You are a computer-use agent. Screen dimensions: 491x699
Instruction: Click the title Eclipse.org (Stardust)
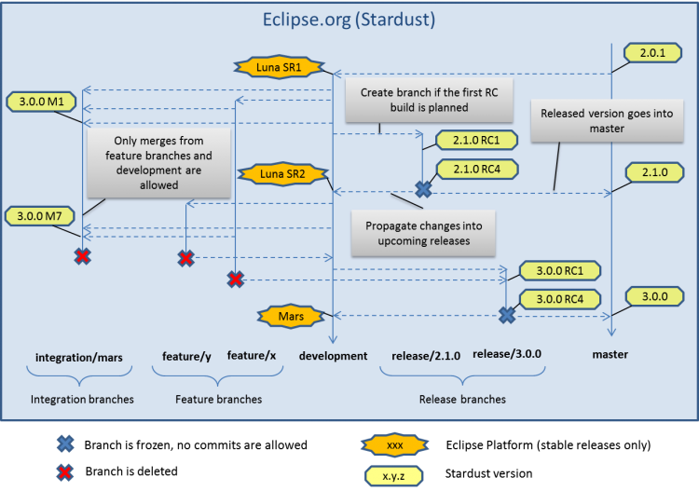tap(349, 19)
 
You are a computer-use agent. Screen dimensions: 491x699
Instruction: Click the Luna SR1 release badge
tap(279, 67)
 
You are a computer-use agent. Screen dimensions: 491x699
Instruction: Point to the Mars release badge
tap(291, 317)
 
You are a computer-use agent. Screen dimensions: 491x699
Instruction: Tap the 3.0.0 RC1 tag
tap(559, 271)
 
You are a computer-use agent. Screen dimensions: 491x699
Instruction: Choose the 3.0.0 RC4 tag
tap(559, 299)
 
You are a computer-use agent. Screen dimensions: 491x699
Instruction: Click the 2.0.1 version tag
tap(651, 55)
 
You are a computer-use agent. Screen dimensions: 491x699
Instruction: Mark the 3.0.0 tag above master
tap(654, 296)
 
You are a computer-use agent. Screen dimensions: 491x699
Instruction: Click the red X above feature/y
tap(186, 258)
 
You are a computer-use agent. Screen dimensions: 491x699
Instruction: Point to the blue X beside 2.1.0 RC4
tap(423, 189)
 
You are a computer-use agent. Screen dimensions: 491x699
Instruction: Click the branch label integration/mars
tap(78, 357)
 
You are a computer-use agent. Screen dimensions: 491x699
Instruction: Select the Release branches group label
tap(462, 399)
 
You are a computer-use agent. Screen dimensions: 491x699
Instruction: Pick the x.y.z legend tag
tap(393, 475)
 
